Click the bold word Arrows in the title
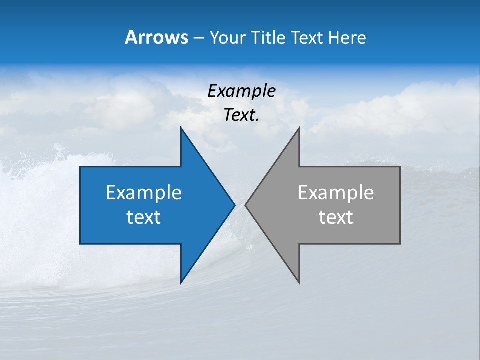pos(156,37)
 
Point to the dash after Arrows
pos(198,38)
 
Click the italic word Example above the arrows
pos(241,91)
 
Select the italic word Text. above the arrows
pos(241,115)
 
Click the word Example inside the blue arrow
pos(143,192)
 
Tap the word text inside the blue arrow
pos(143,217)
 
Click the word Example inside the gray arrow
pos(336,192)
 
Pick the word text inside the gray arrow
pos(336,217)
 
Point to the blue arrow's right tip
pos(234,205)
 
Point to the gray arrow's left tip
pos(245,205)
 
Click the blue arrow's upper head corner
pos(181,128)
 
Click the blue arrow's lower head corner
pos(181,283)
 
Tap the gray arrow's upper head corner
pos(299,128)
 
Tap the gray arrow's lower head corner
pos(299,283)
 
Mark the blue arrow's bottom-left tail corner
pos(80,244)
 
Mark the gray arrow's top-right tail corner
pos(400,167)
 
